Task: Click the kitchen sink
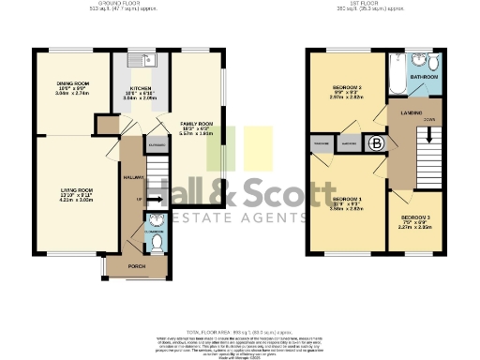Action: pyautogui.click(x=148, y=61)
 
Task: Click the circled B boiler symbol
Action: pyautogui.click(x=376, y=143)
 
